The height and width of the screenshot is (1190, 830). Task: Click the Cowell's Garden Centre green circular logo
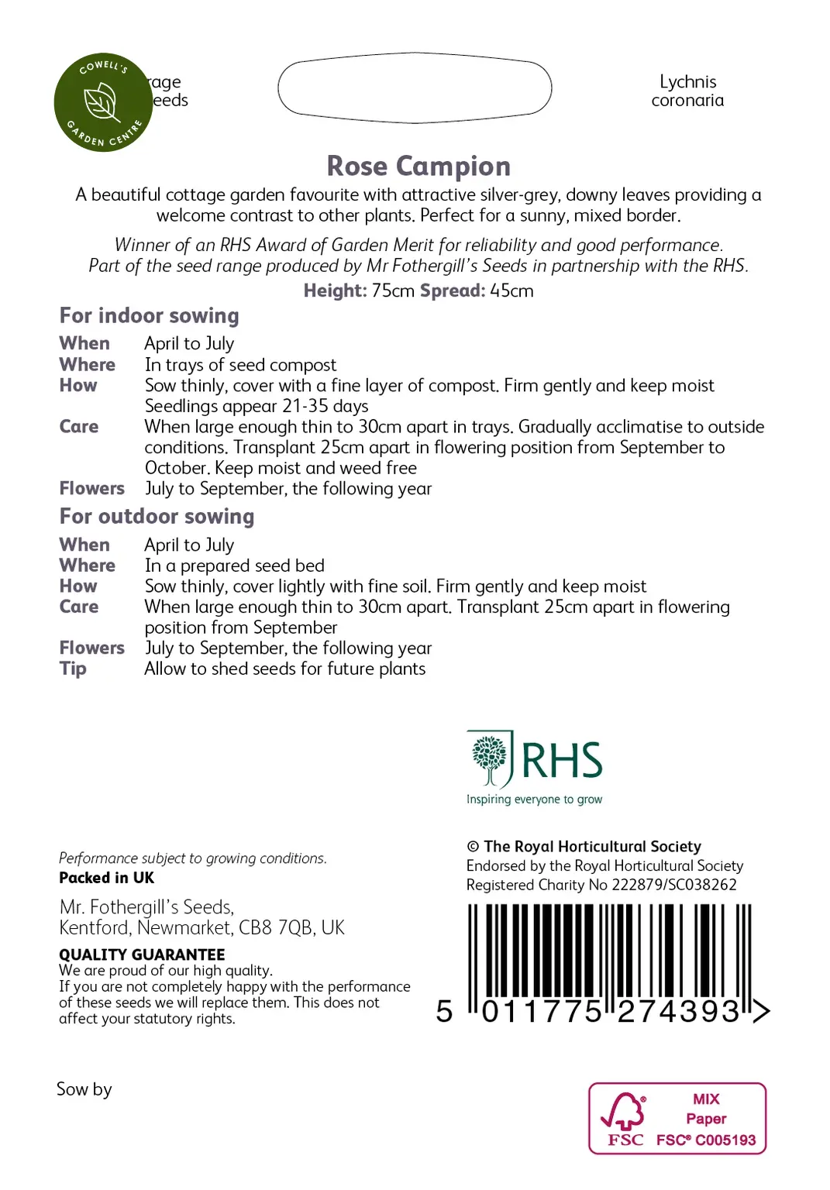point(103,102)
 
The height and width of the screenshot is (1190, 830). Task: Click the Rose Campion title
point(418,167)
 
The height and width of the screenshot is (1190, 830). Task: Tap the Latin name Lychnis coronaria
point(687,91)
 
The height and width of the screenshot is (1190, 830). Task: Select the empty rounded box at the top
point(415,88)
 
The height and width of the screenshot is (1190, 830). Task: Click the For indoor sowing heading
point(150,316)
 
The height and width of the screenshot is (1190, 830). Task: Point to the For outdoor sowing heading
point(157,517)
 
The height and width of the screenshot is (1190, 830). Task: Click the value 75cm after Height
point(393,291)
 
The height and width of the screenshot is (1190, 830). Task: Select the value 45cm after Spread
point(511,291)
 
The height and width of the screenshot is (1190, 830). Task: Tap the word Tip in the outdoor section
point(73,669)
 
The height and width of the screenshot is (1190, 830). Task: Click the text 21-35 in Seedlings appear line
point(305,407)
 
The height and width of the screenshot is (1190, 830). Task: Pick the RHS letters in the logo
point(563,760)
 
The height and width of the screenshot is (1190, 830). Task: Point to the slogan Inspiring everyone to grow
point(534,800)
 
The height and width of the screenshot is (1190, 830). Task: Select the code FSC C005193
point(706,1140)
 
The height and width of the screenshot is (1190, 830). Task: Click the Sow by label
point(84,1089)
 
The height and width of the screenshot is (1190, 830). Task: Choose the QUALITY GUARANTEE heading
point(142,954)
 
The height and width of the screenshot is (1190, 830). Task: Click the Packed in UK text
point(107,878)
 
